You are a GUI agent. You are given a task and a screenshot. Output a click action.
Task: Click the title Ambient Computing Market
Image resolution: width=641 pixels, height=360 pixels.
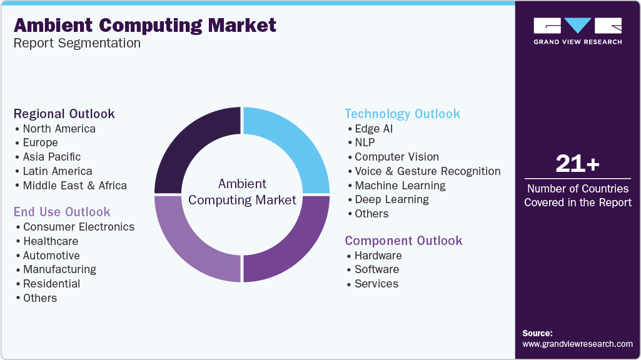pyautogui.click(x=144, y=25)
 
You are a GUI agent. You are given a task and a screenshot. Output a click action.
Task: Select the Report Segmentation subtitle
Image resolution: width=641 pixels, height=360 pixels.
pyautogui.click(x=77, y=44)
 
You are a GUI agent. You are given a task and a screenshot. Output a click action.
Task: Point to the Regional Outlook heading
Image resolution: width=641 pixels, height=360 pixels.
pyautogui.click(x=64, y=114)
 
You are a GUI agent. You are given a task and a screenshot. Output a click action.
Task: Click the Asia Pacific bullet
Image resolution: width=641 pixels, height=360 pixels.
pyautogui.click(x=52, y=157)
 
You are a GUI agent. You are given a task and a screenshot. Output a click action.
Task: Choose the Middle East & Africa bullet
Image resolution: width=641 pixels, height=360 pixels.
pyautogui.click(x=74, y=186)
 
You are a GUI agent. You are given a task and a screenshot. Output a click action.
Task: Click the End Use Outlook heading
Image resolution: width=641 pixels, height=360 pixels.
pyautogui.click(x=62, y=212)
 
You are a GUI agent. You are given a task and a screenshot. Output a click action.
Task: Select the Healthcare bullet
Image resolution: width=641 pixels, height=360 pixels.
pyautogui.click(x=51, y=241)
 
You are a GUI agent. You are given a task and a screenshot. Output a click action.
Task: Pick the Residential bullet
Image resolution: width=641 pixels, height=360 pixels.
pyautogui.click(x=52, y=284)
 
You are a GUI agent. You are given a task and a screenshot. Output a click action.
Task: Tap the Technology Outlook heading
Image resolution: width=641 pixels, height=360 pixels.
pyautogui.click(x=402, y=114)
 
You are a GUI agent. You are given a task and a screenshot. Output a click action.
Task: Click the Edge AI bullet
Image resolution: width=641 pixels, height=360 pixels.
pyautogui.click(x=374, y=129)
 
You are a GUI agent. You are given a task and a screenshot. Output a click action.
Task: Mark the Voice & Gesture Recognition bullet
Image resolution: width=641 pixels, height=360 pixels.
pyautogui.click(x=427, y=171)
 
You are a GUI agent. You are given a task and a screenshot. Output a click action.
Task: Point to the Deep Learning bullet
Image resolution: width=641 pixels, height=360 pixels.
pyautogui.click(x=391, y=199)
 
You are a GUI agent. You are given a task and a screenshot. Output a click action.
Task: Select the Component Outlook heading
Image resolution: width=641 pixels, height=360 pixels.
pyautogui.click(x=403, y=241)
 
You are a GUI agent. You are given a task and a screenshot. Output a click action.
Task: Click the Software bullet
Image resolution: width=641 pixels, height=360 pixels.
pyautogui.click(x=376, y=269)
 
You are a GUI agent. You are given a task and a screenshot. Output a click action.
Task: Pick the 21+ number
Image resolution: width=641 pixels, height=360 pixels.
pyautogui.click(x=577, y=164)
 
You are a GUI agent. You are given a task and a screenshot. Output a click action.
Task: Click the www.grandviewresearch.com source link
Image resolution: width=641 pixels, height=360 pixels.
pyautogui.click(x=577, y=344)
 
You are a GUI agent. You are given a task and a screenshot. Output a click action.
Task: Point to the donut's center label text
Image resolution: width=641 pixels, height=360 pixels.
pyautogui.click(x=242, y=192)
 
